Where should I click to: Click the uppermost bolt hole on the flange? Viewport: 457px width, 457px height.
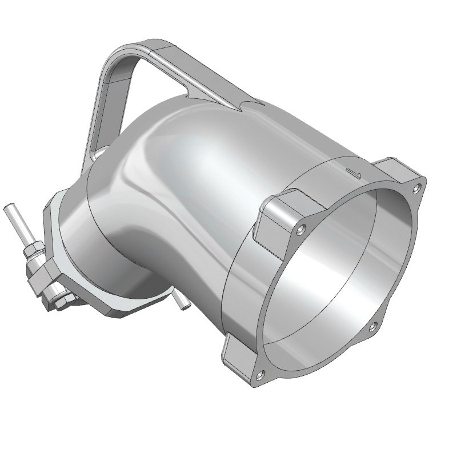click(421, 186)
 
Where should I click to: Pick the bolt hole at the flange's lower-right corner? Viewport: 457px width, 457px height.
click(372, 326)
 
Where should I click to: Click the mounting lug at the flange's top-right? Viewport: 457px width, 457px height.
click(400, 169)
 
